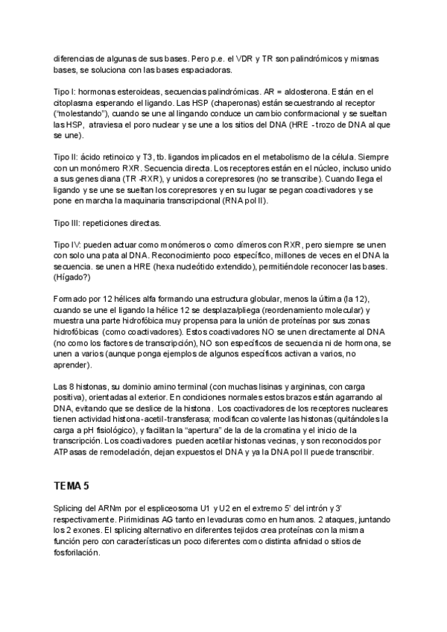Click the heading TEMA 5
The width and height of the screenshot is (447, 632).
pos(71,486)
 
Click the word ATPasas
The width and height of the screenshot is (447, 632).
pos(69,452)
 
